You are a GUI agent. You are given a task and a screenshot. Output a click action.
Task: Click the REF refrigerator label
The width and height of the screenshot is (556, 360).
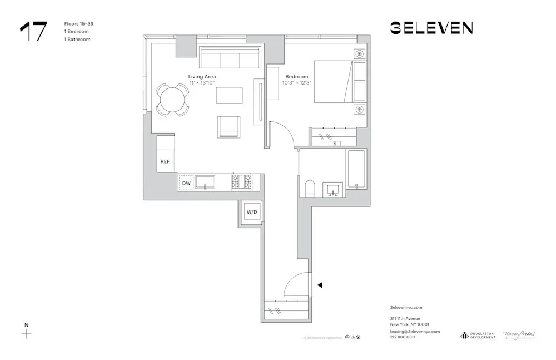coord(165,162)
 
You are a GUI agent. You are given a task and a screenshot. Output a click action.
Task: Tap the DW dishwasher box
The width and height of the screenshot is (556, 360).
coord(186,183)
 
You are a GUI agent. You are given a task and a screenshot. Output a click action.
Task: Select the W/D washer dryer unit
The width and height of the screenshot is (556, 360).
coord(252,212)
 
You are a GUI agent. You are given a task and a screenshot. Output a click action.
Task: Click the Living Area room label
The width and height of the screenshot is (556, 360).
coord(202,76)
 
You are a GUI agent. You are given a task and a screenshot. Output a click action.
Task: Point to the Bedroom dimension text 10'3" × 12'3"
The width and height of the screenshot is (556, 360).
coord(296,83)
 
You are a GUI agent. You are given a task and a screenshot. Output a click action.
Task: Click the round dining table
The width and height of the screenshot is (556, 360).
coord(171,100)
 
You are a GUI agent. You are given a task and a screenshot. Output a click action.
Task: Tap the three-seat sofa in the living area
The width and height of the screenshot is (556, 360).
coord(230,58)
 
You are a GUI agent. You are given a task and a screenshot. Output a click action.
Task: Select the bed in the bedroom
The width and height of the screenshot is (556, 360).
coord(340,82)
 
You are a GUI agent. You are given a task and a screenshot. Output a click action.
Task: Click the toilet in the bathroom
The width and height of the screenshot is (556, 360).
coord(310,188)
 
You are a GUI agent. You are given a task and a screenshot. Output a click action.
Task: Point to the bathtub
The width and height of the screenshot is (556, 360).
coord(355,170)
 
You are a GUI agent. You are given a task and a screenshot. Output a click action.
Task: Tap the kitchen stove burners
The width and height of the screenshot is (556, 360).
coord(242,182)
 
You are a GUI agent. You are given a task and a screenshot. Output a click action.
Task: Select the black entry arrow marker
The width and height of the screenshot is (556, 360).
coord(320,285)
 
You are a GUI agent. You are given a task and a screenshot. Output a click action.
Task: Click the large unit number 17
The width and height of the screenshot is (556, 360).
coord(33,32)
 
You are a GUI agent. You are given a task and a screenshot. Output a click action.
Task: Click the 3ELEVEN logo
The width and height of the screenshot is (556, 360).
coord(431,28)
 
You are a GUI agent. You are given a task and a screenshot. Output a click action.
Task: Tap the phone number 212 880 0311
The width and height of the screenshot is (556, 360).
coord(403,337)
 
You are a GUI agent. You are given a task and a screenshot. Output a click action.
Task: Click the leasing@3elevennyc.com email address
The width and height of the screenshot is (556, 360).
coord(415,331)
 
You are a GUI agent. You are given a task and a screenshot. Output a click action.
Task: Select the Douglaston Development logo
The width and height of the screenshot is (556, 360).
coord(478,335)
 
